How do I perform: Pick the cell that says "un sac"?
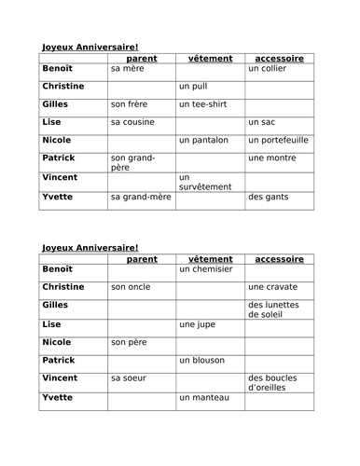[262, 121]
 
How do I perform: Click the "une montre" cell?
[271, 158]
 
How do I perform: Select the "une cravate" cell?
[272, 287]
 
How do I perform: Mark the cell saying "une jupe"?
[196, 325]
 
